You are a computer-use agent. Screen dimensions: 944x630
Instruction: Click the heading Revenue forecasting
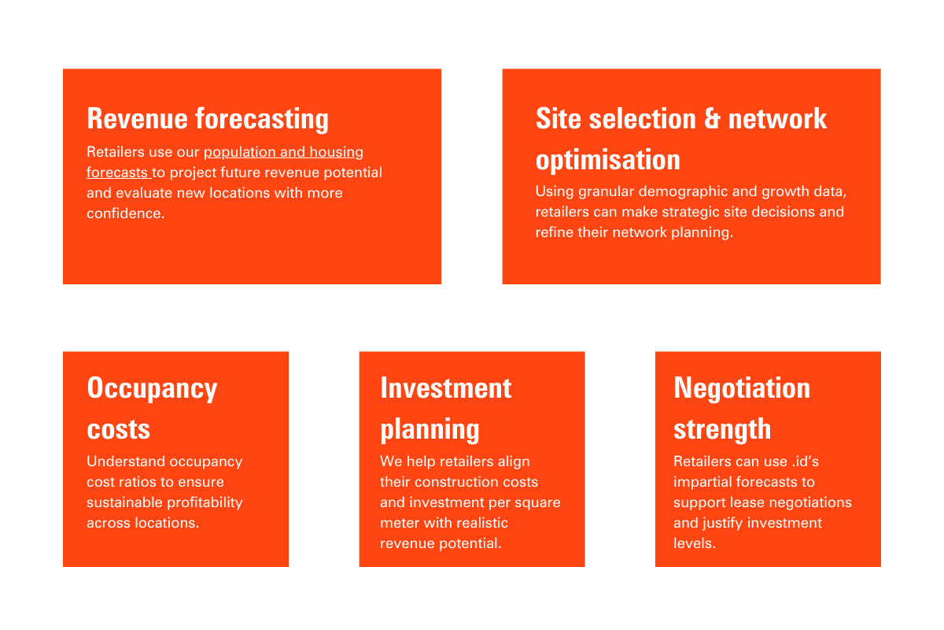208,119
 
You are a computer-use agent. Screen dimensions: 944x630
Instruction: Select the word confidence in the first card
125,213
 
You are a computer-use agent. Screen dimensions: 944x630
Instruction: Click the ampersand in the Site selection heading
712,118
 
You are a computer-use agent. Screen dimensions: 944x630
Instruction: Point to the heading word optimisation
607,160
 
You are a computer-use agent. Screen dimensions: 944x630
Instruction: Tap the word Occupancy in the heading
152,388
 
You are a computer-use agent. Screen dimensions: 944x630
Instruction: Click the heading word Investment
446,387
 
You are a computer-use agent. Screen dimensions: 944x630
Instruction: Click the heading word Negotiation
742,387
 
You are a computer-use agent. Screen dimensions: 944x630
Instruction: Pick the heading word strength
722,429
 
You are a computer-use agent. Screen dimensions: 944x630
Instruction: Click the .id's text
805,461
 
